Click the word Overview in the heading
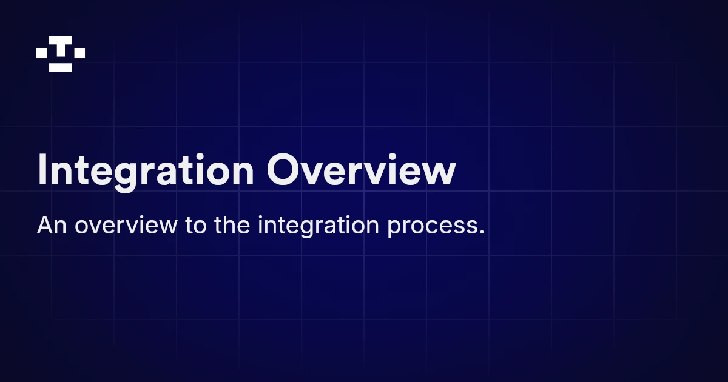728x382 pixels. tap(360, 171)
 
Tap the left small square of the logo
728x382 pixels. tap(42, 53)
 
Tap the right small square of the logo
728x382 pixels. tap(79, 53)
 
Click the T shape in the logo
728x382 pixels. tap(61, 47)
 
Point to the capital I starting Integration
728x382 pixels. tap(42, 170)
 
